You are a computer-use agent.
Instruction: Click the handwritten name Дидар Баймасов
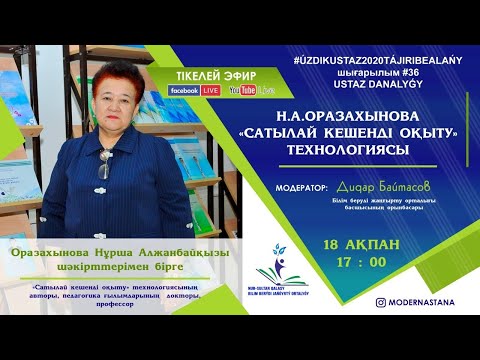(377, 186)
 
